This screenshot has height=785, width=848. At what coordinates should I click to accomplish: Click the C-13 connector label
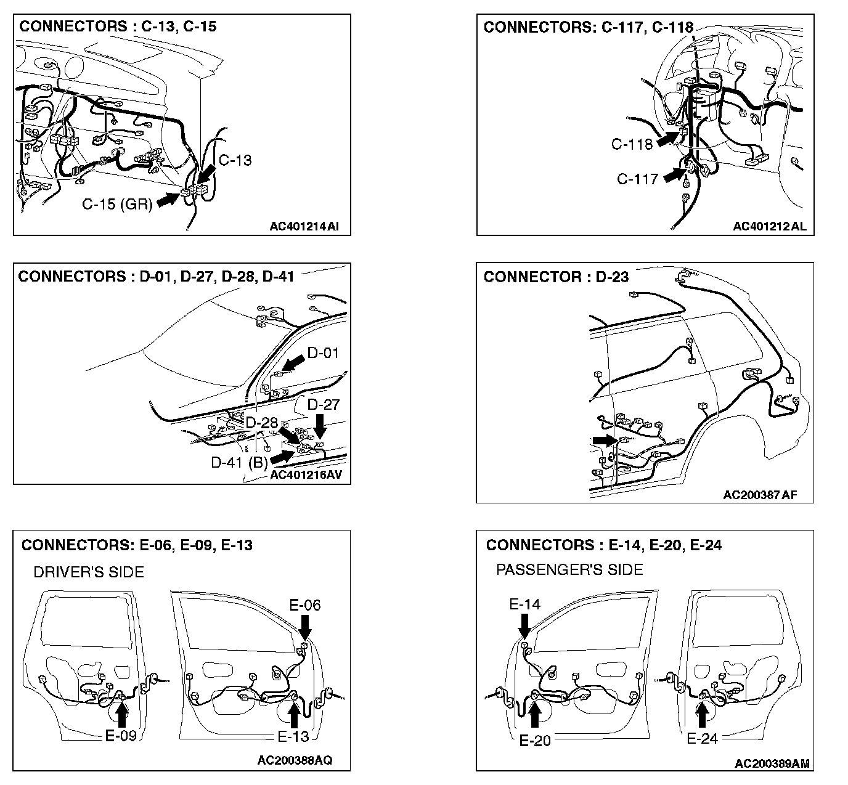(x=235, y=160)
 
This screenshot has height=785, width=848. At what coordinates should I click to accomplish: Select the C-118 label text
(x=632, y=144)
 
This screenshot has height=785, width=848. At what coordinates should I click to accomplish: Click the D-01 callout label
(x=323, y=353)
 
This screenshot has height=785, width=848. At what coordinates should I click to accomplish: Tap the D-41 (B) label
(x=239, y=462)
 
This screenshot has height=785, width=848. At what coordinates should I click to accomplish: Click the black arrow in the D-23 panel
(x=605, y=439)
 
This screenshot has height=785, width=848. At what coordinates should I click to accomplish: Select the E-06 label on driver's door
(x=305, y=605)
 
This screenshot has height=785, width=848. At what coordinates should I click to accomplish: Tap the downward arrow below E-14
(x=524, y=626)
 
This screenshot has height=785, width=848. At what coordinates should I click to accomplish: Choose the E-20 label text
(x=535, y=740)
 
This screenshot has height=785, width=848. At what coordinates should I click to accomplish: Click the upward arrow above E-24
(x=701, y=715)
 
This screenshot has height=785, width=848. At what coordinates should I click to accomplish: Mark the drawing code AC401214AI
(x=304, y=226)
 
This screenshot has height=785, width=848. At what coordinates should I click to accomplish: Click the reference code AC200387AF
(x=760, y=495)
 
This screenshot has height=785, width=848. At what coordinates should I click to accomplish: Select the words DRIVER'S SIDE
(x=89, y=572)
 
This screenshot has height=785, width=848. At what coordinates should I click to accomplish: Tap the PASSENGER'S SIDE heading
(x=569, y=570)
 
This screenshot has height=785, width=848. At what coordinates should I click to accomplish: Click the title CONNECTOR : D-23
(x=556, y=277)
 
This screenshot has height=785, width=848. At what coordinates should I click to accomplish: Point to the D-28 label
(x=262, y=423)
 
